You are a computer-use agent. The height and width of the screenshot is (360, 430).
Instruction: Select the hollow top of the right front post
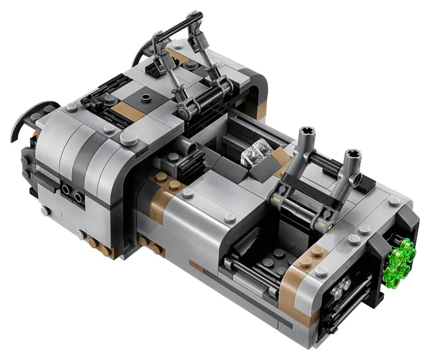click(x=353, y=156)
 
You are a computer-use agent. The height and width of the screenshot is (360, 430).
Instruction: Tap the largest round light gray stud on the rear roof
click(x=127, y=139)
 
